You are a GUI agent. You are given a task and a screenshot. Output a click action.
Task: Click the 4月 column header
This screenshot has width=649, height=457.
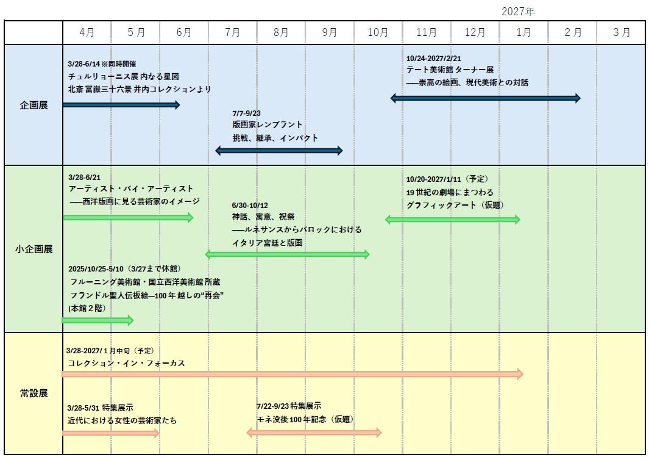[87, 32]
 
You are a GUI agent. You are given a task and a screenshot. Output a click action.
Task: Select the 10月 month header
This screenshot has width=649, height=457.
[378, 32]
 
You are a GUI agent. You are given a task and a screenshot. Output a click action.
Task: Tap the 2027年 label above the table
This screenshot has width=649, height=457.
[518, 11]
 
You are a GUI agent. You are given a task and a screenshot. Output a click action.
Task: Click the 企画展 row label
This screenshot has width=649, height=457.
[34, 105]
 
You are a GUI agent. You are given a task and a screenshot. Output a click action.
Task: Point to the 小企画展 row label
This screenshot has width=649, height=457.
[34, 249]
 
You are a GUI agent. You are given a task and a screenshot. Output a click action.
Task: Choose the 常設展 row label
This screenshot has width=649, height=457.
[34, 393]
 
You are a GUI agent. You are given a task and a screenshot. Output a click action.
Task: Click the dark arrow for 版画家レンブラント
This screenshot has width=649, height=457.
[279, 151]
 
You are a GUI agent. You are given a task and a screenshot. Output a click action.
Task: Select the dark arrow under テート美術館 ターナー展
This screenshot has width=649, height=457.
[486, 98]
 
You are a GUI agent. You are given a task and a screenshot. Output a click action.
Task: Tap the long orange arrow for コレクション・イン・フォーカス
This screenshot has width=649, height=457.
[293, 374]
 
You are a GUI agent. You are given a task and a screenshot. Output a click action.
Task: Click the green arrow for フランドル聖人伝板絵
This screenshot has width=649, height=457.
[98, 320]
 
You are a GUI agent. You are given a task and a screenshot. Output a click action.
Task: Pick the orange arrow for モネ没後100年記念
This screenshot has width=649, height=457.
[314, 433]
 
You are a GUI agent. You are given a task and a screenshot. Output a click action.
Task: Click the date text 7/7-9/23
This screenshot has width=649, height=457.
[246, 113]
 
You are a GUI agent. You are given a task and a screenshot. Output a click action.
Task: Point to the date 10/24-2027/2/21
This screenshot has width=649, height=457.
[433, 59]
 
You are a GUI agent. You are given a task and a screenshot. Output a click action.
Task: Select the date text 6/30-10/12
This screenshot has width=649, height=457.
[250, 205]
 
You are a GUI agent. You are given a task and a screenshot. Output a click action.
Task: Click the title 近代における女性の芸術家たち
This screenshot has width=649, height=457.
[122, 420]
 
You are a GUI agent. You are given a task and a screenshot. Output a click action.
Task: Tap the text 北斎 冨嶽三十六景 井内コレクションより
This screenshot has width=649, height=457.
[140, 89]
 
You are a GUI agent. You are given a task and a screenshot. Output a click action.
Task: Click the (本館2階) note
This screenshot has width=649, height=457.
[87, 308]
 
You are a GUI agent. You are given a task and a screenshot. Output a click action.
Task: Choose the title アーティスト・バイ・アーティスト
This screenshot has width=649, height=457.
[131, 189]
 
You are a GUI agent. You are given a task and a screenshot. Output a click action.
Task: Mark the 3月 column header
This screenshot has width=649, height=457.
[621, 32]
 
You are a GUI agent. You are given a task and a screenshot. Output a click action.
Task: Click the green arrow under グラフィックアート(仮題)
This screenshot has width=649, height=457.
[452, 220]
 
